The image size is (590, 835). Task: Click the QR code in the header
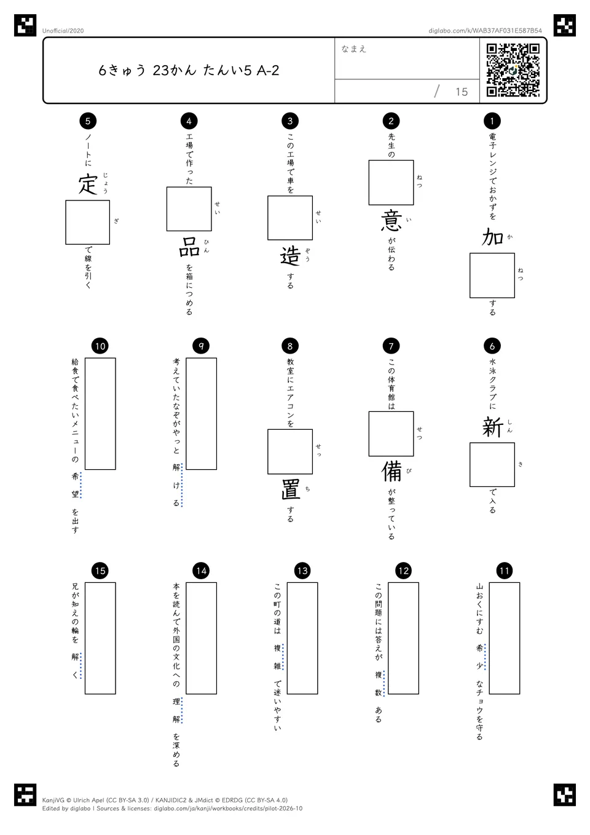pyautogui.click(x=513, y=70)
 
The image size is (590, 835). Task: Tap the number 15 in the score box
pyautogui.click(x=462, y=92)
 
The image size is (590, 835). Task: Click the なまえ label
pyautogui.click(x=354, y=49)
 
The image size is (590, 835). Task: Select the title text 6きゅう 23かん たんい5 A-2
pyautogui.click(x=189, y=70)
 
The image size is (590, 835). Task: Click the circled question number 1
pyautogui.click(x=492, y=121)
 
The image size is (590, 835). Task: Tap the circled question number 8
pyautogui.click(x=290, y=346)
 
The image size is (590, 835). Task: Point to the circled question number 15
pyautogui.click(x=100, y=571)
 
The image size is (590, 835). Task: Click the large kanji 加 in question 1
pyautogui.click(x=492, y=237)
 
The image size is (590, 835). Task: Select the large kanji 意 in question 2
pyautogui.click(x=391, y=220)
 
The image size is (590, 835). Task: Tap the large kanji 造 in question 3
pyautogui.click(x=290, y=256)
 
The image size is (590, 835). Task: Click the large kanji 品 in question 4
pyautogui.click(x=189, y=247)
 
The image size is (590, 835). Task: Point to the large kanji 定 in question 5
pyautogui.click(x=88, y=183)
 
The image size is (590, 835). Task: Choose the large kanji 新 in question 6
pyautogui.click(x=492, y=427)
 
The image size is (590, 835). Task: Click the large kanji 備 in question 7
pyautogui.click(x=391, y=471)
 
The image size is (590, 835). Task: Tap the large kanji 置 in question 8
pyautogui.click(x=290, y=489)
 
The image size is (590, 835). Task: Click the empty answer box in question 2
pyautogui.click(x=391, y=183)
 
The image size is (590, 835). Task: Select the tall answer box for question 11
pyautogui.click(x=505, y=638)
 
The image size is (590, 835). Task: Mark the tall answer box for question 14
pyautogui.click(x=201, y=638)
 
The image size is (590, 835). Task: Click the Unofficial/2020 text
pyautogui.click(x=63, y=31)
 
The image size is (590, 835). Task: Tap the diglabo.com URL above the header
pyautogui.click(x=485, y=31)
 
